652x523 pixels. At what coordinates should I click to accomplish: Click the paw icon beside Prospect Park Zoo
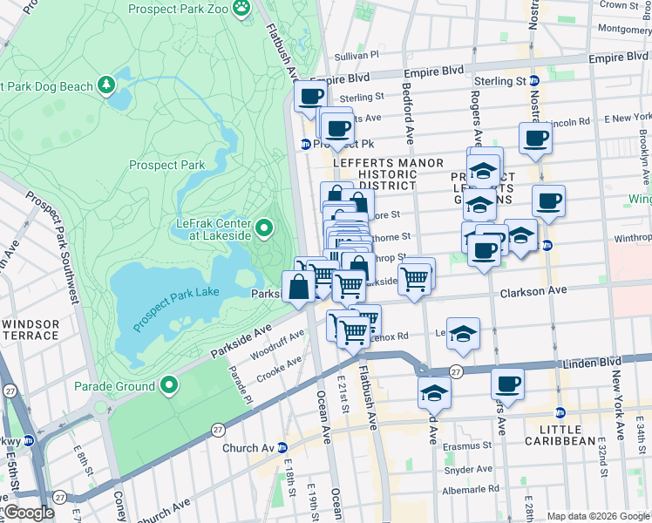241,9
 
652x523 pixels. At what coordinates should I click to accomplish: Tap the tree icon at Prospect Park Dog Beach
106,85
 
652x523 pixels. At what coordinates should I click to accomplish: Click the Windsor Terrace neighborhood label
31,330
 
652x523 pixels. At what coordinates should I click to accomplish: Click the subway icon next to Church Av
282,448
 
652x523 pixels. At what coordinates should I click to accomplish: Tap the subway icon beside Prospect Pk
306,144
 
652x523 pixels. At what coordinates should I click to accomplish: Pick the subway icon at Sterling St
534,81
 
